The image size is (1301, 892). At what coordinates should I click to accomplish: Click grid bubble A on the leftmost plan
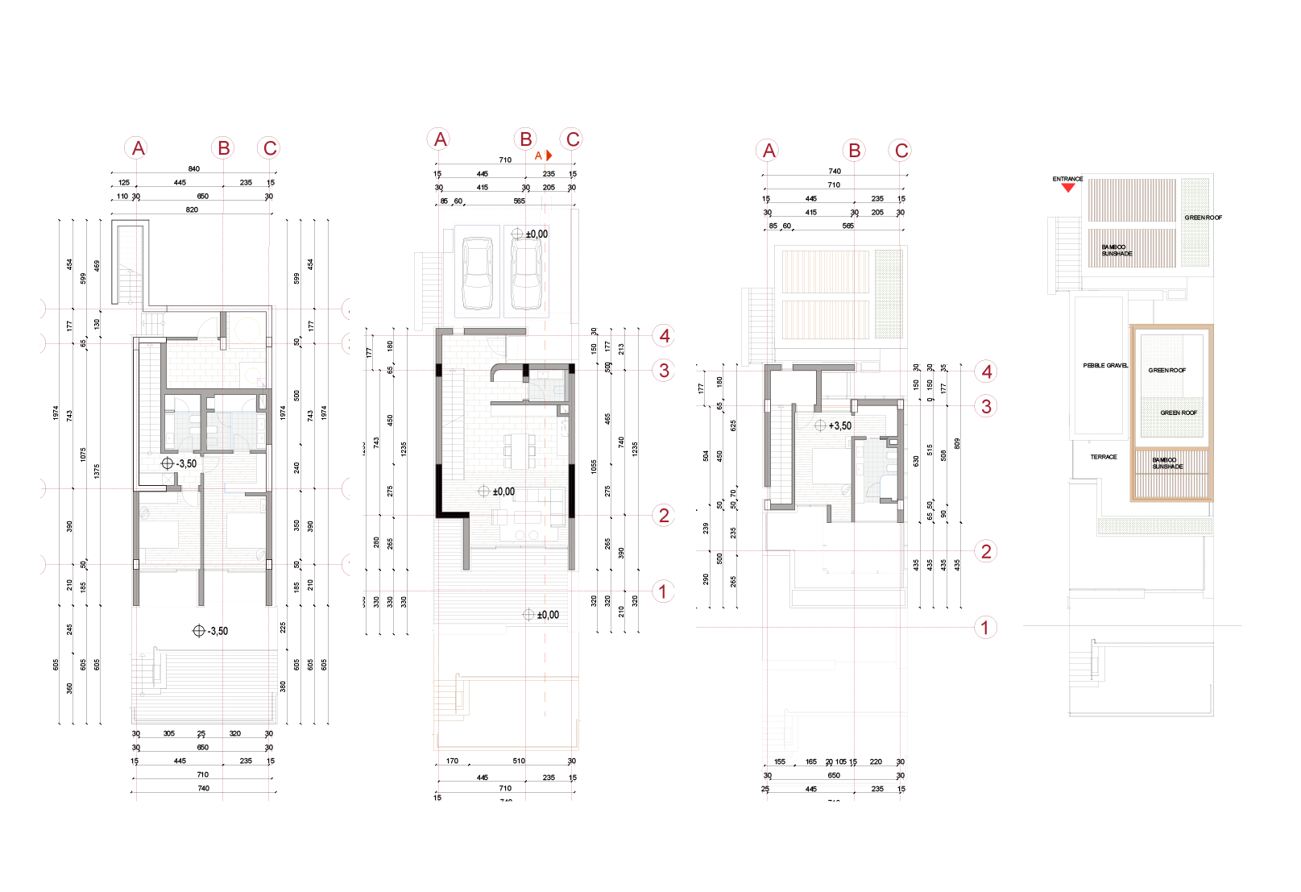138,148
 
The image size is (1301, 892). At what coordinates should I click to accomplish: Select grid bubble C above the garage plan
572,139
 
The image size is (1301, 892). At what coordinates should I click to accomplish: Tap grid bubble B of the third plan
854,150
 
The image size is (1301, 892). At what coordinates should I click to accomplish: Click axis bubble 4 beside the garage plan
664,335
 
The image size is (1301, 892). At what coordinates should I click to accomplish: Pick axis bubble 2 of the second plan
664,515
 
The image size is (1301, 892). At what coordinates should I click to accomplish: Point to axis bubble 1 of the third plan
985,627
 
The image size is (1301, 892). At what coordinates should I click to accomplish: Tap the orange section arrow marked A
549,155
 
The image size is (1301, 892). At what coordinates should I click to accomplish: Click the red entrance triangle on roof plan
1068,187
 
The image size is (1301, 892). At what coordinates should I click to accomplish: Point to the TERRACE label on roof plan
1104,457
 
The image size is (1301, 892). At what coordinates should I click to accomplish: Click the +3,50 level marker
833,425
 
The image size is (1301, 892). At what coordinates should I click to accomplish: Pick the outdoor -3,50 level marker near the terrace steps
210,631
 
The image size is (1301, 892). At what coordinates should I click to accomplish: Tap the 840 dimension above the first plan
193,169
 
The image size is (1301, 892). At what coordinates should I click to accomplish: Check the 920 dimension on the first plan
192,210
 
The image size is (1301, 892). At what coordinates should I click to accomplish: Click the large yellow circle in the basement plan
247,330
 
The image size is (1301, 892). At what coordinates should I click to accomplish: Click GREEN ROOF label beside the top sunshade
1204,218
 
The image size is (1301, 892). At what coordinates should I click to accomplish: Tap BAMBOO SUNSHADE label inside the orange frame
1167,463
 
